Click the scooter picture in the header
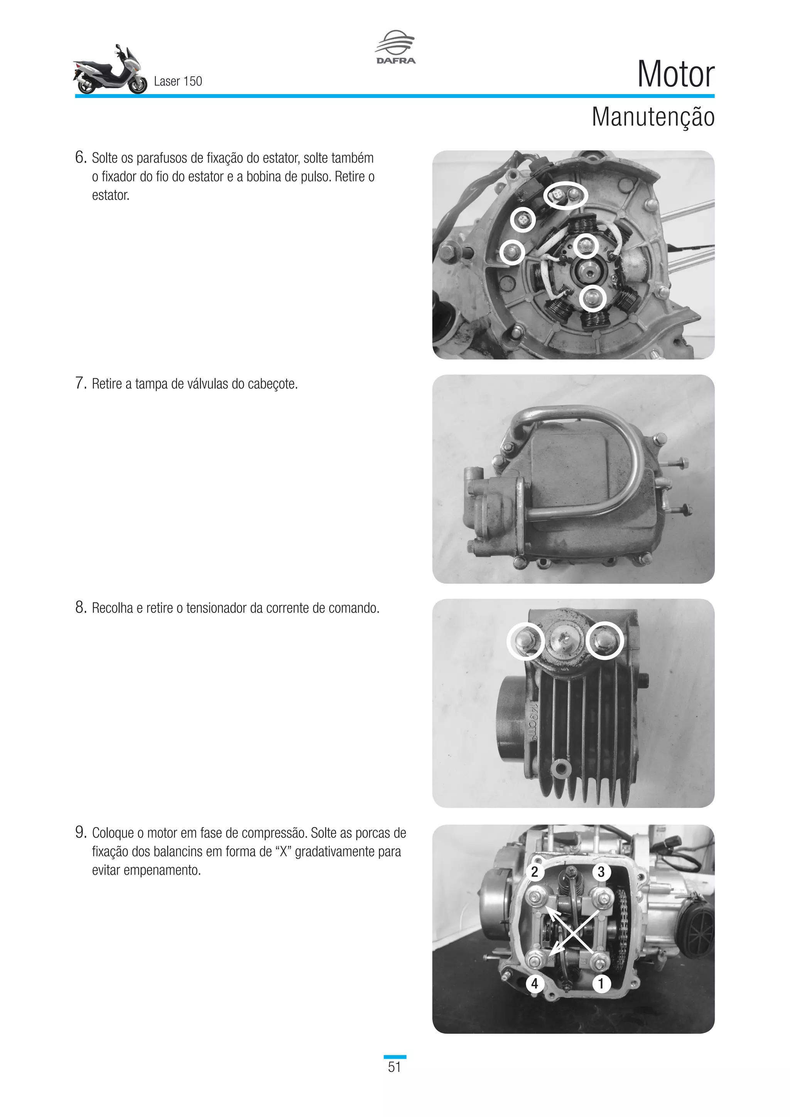[x=110, y=71]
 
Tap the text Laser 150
[x=177, y=81]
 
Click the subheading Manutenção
[x=652, y=117]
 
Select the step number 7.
[x=80, y=383]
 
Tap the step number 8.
[x=80, y=607]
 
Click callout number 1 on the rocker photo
[x=601, y=984]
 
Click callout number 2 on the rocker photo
[x=535, y=872]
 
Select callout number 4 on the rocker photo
[x=535, y=984]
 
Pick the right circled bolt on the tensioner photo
[x=604, y=640]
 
